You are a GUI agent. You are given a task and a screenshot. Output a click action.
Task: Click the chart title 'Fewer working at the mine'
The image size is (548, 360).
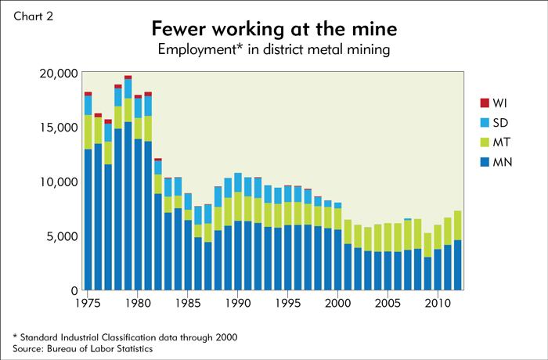273,30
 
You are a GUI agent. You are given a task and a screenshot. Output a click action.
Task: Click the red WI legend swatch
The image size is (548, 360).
484,103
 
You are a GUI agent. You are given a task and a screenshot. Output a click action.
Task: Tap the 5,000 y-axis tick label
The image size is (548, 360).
61,236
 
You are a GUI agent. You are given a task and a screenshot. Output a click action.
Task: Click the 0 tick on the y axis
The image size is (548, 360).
73,290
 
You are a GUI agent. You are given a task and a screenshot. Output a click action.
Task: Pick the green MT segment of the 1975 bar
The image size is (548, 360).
88,132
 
